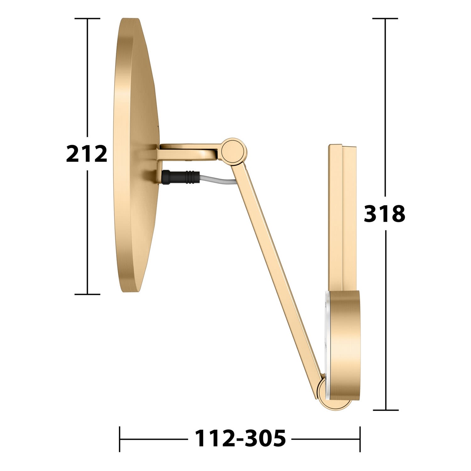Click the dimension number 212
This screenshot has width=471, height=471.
pyautogui.click(x=87, y=154)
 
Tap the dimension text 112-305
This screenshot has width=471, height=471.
pyautogui.click(x=241, y=438)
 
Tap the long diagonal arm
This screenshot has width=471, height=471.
pyautogui.click(x=276, y=267)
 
